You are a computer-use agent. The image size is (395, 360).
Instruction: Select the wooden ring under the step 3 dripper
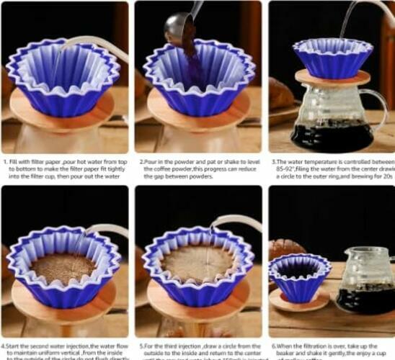(332, 78)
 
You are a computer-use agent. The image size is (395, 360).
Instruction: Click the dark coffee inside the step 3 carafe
(332, 135)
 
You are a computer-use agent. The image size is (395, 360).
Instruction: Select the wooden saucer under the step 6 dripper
(298, 302)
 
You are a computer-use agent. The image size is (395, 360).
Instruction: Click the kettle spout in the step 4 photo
(108, 229)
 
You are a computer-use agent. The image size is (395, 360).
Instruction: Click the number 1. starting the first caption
(5, 163)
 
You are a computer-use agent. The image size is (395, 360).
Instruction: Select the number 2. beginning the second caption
(141, 163)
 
